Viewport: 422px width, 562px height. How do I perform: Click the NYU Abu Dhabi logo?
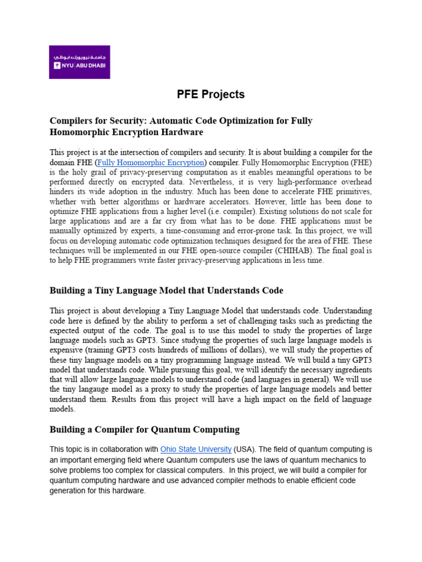tap(79, 61)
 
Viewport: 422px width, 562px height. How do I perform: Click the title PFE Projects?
tap(210, 94)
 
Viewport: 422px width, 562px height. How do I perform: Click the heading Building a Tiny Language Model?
tap(166, 290)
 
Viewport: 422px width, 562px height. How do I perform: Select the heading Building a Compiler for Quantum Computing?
tap(145, 429)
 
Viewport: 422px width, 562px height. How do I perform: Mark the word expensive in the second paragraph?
tap(67, 350)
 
